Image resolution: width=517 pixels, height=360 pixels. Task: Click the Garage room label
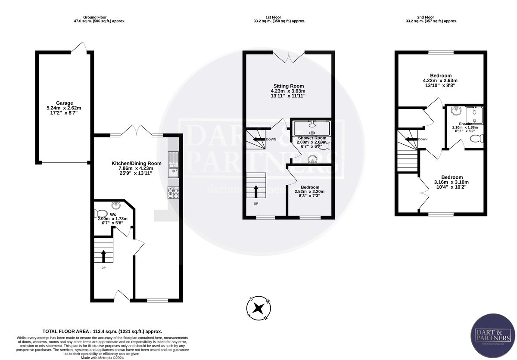pyautogui.click(x=64, y=103)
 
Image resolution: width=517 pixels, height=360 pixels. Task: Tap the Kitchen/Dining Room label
pyautogui.click(x=136, y=163)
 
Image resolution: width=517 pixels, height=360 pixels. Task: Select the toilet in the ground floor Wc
pyautogui.click(x=101, y=213)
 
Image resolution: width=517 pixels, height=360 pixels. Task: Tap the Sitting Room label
pyautogui.click(x=288, y=86)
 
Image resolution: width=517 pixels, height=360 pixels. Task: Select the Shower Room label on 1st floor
pyautogui.click(x=312, y=138)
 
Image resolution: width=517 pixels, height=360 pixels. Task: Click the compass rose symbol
pyautogui.click(x=258, y=308)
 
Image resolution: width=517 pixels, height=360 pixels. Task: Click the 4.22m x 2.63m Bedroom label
pyautogui.click(x=440, y=76)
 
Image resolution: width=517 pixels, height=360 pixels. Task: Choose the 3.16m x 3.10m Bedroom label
pyautogui.click(x=452, y=177)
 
